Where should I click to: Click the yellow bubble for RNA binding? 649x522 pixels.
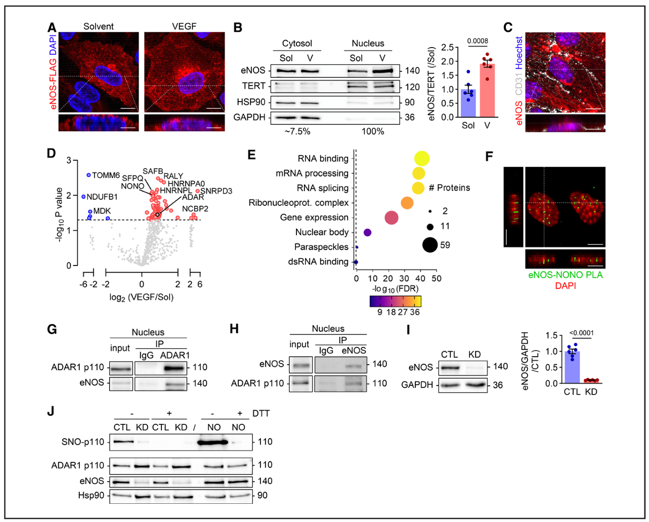pos(421,159)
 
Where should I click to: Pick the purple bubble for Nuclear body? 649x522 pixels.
pos(368,233)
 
